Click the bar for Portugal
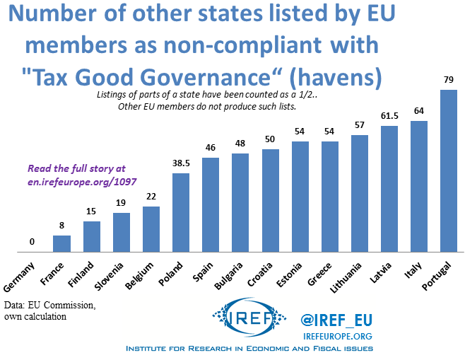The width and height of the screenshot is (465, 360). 449,170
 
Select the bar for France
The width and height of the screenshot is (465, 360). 62,243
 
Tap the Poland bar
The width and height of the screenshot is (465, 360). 180,212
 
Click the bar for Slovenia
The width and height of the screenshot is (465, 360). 121,232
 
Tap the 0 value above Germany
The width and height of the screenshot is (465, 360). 32,243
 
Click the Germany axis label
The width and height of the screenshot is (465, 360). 22,273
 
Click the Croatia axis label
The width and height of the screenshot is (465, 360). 259,272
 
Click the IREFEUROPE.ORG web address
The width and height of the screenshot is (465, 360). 337,336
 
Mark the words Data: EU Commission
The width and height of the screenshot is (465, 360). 49,305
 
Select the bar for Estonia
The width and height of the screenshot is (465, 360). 300,196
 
